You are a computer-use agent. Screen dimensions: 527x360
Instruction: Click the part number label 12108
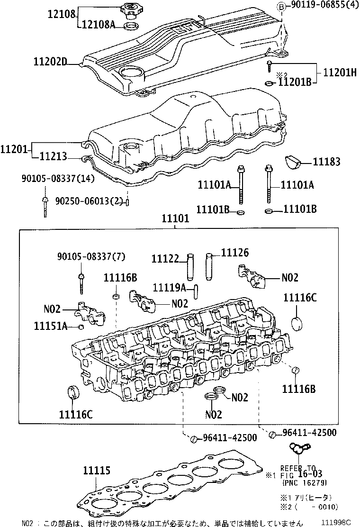62,14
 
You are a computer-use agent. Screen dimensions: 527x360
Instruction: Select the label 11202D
50,62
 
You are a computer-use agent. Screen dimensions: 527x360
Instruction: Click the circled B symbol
281,6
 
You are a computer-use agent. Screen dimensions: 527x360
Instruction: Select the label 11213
53,156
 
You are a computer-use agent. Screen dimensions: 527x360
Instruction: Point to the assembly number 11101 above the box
175,220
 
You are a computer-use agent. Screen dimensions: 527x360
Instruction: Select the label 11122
165,258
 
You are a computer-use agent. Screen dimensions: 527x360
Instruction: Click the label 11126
234,254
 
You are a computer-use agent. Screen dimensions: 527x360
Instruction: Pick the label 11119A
169,287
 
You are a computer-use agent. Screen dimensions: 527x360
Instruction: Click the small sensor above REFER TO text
299,448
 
